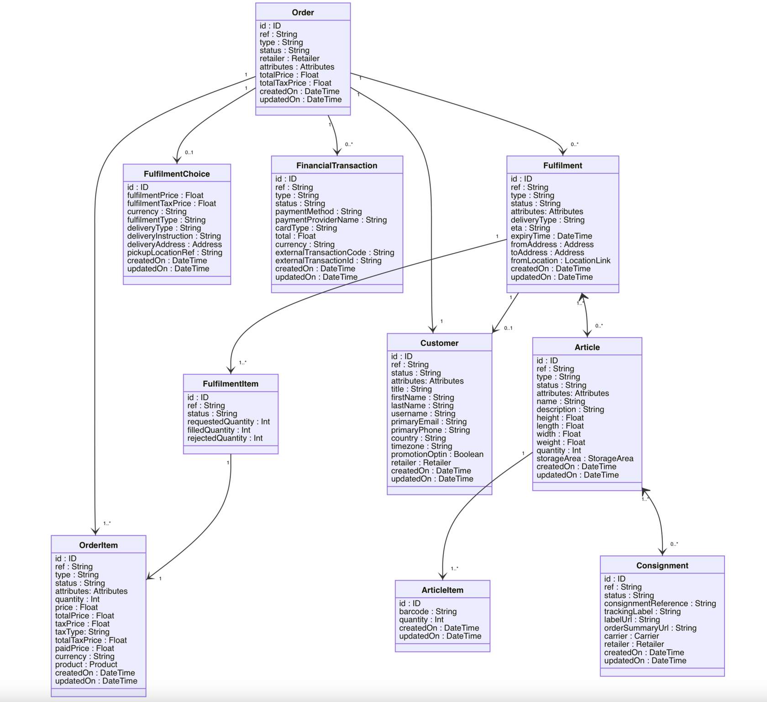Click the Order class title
(303, 12)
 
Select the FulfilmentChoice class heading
(177, 174)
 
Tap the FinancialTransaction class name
(336, 165)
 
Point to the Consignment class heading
(662, 565)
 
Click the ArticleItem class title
(442, 590)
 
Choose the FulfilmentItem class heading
(231, 384)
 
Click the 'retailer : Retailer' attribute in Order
(289, 58)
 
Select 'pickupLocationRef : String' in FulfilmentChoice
(174, 252)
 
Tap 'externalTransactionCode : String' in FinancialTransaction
(335, 252)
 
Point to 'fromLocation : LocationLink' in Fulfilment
(560, 261)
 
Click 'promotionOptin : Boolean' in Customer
(437, 454)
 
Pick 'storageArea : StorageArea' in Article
(585, 458)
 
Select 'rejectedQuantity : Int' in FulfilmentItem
(225, 438)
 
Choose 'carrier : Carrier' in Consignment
(631, 636)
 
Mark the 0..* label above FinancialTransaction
(349, 144)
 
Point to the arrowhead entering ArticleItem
(442, 576)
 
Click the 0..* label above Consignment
(674, 544)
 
